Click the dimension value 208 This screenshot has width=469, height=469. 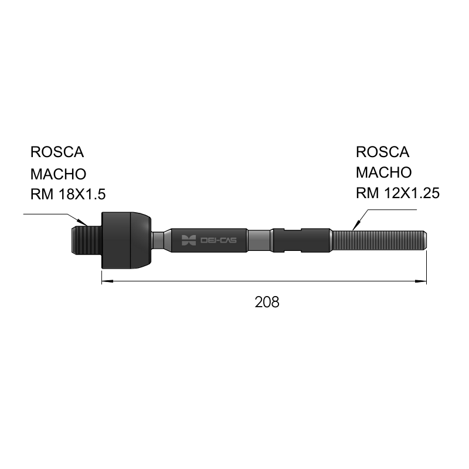[267, 302]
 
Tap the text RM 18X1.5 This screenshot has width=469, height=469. [68, 194]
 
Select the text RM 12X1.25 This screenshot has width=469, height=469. [397, 193]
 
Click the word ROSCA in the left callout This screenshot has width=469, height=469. [57, 152]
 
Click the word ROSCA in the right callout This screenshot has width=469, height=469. [382, 152]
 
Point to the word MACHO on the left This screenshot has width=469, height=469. [58, 174]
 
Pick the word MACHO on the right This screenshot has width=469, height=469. [384, 172]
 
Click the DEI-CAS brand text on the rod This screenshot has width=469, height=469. [218, 240]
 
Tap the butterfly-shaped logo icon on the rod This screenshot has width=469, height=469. [189, 240]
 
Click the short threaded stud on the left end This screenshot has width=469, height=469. [87, 240]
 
